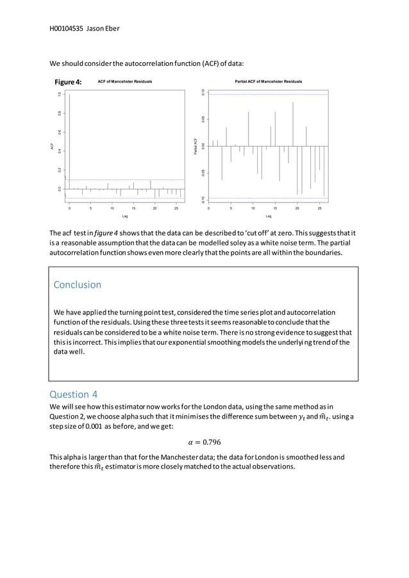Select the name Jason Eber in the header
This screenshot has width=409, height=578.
(x=104, y=29)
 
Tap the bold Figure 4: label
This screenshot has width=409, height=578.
(x=68, y=82)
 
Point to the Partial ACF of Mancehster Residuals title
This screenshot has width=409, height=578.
(x=268, y=82)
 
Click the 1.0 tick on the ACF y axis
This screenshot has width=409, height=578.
(x=59, y=94)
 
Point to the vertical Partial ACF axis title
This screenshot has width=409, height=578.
(x=194, y=145)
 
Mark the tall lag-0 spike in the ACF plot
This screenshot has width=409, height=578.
(x=70, y=141)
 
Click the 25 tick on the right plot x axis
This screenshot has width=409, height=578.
(x=319, y=208)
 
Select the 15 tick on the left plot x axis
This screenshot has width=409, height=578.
(x=133, y=208)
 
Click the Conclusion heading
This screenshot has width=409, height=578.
(x=77, y=285)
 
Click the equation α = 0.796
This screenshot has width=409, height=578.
(x=204, y=442)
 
